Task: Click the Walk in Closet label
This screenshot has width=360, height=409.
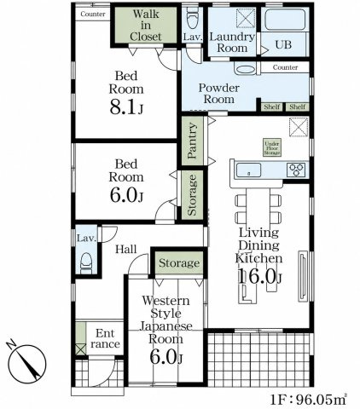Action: tap(146, 26)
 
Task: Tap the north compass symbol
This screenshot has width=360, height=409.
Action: tap(27, 362)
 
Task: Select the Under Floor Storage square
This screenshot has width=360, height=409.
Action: tap(272, 147)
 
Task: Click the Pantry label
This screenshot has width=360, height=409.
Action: tap(193, 141)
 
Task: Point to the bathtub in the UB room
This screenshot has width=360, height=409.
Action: tap(284, 20)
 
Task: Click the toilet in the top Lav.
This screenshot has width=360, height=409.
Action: tap(192, 18)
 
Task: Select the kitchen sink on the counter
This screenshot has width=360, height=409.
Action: tap(248, 170)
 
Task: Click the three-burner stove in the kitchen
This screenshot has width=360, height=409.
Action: tap(297, 170)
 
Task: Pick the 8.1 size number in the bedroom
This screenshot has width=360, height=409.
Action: tap(122, 107)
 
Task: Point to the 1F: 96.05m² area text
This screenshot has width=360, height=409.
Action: tap(308, 400)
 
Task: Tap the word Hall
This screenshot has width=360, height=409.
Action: tap(125, 250)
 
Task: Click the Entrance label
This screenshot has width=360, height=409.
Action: tap(105, 338)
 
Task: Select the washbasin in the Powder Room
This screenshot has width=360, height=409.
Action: tap(246, 70)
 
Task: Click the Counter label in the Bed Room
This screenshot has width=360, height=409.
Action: tap(93, 14)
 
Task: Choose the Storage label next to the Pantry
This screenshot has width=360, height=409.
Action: tap(192, 195)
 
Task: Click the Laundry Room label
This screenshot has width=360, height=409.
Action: tap(232, 43)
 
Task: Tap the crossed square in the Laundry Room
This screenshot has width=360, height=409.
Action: tap(246, 18)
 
